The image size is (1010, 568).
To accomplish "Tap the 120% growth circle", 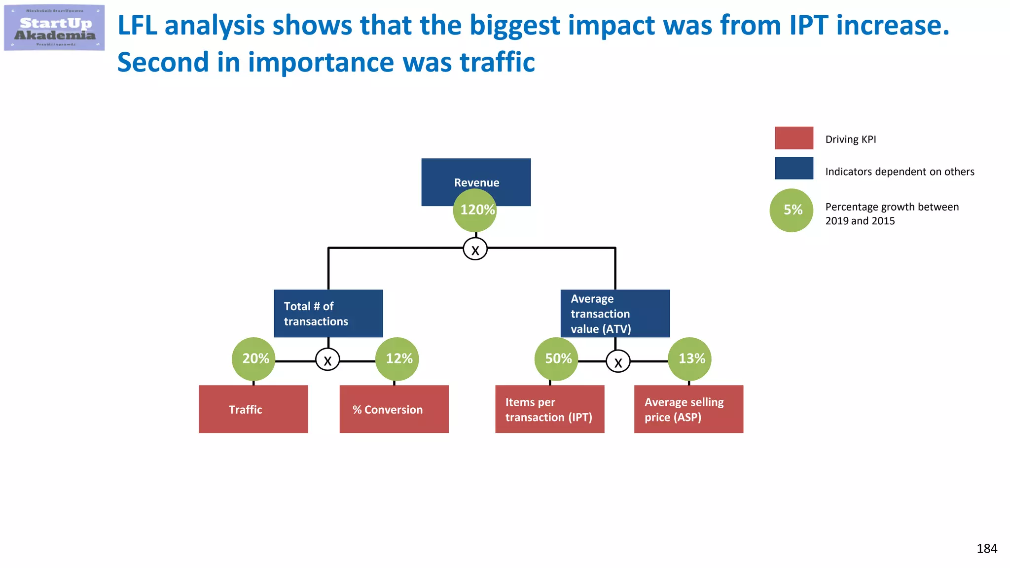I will pos(475,211).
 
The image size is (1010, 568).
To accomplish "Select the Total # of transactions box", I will pos(328,313).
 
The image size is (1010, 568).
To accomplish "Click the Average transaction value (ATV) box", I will pos(615,313).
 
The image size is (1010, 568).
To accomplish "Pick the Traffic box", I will pos(253,409).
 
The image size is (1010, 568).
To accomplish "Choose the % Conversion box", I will pos(394,409).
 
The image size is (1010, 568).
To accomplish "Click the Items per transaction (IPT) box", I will pos(549,409).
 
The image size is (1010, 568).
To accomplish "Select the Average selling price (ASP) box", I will pos(688,409).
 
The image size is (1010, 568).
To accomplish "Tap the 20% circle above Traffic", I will pos(253,359).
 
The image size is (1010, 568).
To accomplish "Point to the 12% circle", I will pos(397,359).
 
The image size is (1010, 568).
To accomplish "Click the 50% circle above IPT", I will pos(556,359).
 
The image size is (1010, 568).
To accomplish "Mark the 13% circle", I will pos(689,359).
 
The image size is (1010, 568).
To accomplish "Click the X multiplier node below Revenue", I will pos(475,248).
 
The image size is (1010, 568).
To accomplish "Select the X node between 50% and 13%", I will pos(618,361).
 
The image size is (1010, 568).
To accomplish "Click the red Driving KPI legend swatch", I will pos(794,138).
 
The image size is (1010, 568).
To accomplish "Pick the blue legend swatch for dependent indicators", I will pos(794,168).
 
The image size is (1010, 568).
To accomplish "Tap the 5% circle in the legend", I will pos(792,211).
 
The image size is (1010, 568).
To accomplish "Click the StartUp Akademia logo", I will pos(54,28).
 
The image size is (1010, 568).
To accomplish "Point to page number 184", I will pos(987,548).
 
